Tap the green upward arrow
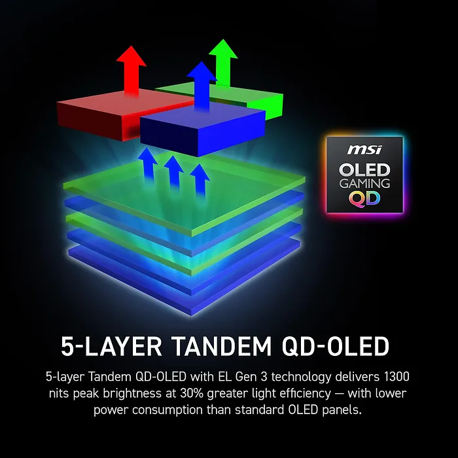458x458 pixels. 224,62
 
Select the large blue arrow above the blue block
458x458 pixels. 202,86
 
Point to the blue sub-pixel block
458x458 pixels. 203,128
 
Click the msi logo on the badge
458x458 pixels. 364,150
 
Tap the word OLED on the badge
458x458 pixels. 364,170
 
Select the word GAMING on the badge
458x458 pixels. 364,183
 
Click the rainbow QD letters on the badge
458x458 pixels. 364,199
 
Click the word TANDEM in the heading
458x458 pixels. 221,346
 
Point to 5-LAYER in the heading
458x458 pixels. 111,346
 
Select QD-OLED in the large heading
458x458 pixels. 336,347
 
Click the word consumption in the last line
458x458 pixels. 167,410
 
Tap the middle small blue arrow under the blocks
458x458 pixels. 173,171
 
